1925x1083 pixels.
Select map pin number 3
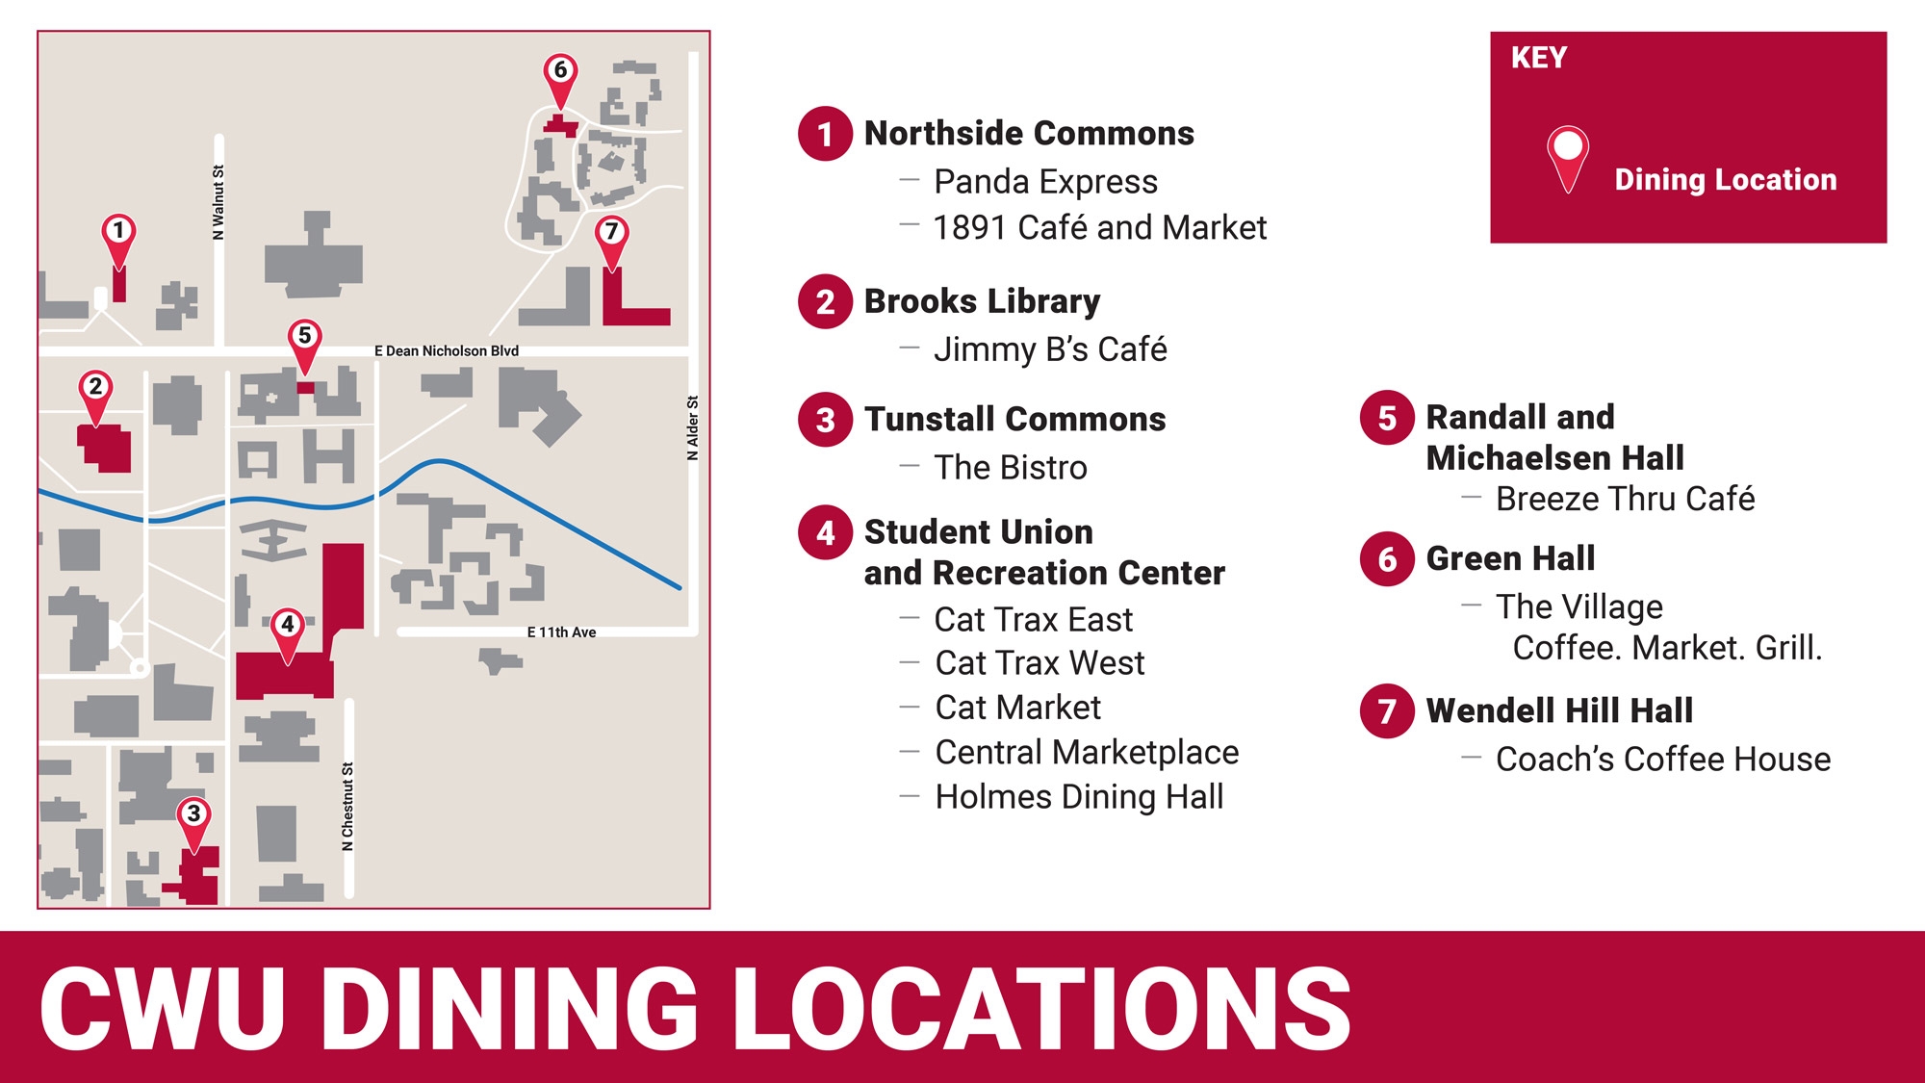(x=193, y=817)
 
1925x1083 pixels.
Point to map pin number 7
(x=611, y=235)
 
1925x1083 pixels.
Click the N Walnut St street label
(x=218, y=202)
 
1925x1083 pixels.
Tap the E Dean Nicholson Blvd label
(x=446, y=351)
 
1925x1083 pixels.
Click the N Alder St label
(x=692, y=427)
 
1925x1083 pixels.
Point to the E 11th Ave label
(x=561, y=632)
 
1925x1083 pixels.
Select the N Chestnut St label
(x=347, y=807)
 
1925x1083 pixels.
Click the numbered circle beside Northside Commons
(x=825, y=134)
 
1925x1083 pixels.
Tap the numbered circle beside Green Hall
(x=1387, y=558)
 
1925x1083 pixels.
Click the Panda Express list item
(x=1045, y=182)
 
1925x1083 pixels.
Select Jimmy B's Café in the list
(x=1050, y=349)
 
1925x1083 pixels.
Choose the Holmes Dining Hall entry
(x=1079, y=797)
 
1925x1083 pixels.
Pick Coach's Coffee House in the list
(x=1662, y=760)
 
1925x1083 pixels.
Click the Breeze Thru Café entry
(x=1625, y=500)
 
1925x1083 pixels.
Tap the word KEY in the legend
(x=1538, y=59)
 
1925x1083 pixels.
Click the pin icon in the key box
(x=1568, y=158)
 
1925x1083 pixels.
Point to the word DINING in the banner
(x=522, y=1008)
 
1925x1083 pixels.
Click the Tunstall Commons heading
(x=1014, y=420)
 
